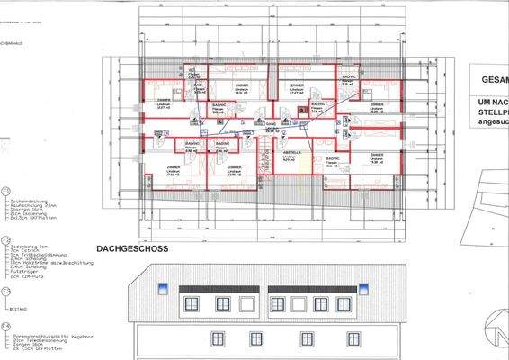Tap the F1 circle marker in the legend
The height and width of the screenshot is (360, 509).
click(x=6, y=193)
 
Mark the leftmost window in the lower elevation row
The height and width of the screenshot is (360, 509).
click(x=217, y=337)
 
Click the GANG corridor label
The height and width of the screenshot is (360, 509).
click(x=272, y=123)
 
